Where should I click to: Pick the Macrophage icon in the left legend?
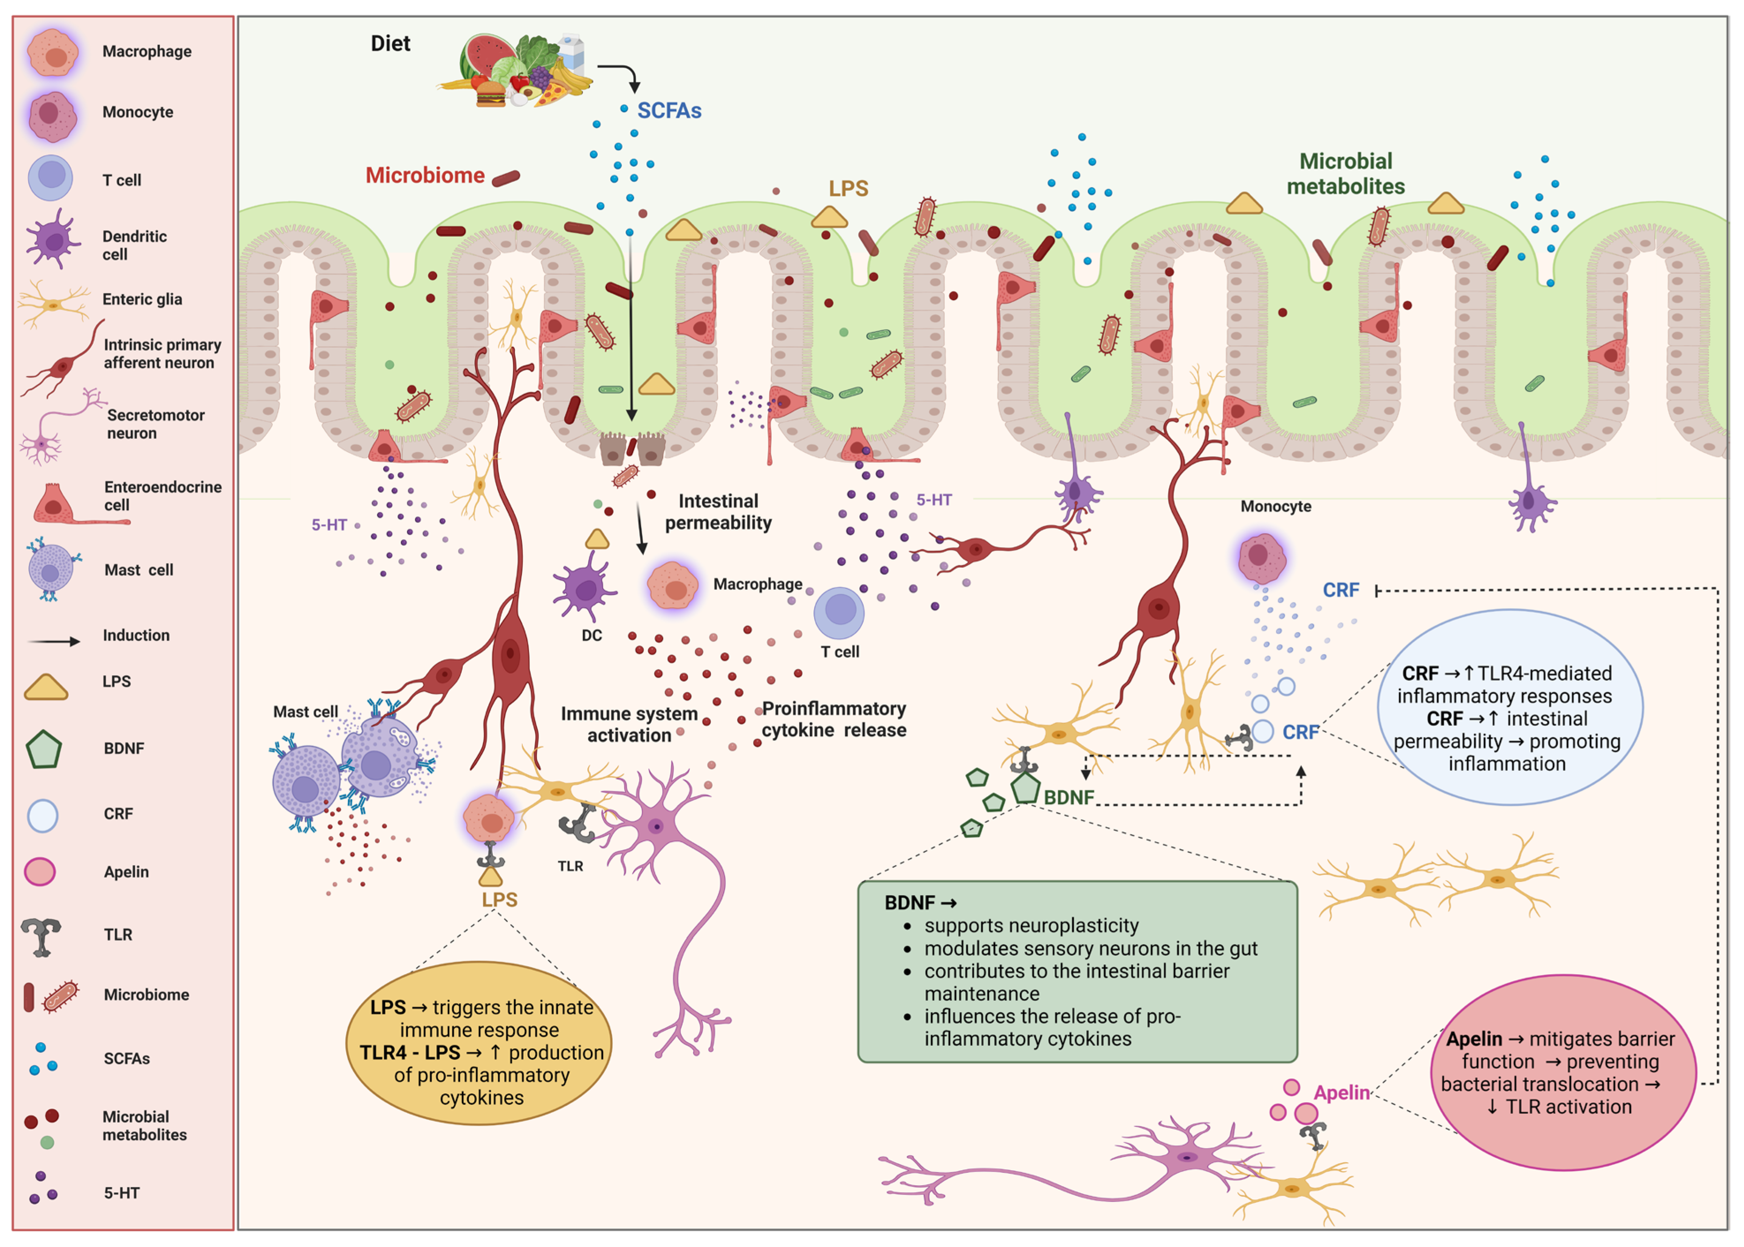[x=52, y=52]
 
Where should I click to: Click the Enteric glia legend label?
[x=142, y=299]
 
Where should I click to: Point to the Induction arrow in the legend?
[x=54, y=640]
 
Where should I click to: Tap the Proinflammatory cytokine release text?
[x=834, y=719]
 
